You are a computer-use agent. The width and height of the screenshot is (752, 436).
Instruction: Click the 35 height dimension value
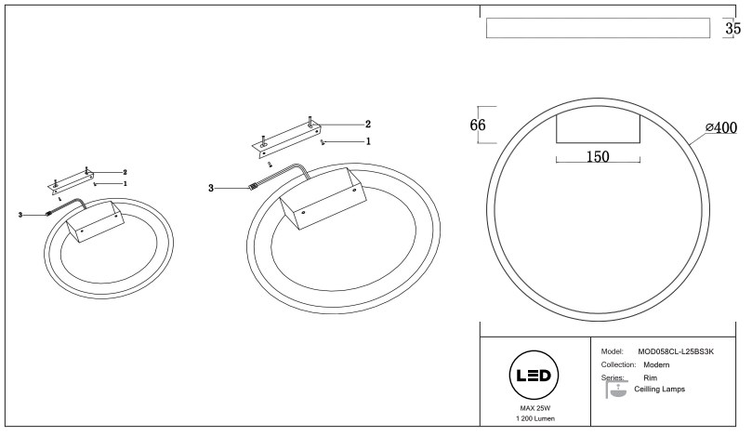pos(732,29)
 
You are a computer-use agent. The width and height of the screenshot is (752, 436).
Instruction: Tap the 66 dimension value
pos(478,126)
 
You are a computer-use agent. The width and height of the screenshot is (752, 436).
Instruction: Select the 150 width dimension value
pos(597,157)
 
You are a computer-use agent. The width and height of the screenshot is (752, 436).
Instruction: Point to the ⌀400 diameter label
pos(720,128)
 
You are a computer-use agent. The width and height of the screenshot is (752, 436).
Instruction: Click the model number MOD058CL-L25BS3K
pos(675,351)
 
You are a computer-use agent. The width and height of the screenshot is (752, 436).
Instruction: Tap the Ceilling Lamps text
pos(659,390)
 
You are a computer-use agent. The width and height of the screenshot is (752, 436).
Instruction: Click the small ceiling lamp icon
pos(615,391)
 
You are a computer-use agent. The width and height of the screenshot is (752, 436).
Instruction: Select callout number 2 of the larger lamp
pos(368,124)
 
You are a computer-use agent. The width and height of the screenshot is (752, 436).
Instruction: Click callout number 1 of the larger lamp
pos(368,141)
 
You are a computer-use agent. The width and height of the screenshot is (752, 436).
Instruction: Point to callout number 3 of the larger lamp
pos(211,188)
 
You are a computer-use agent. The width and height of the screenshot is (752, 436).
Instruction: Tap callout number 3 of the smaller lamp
pos(20,215)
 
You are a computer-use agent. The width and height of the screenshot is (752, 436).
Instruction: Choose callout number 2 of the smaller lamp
pos(125,172)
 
